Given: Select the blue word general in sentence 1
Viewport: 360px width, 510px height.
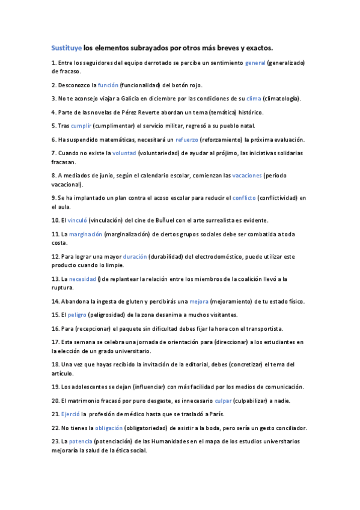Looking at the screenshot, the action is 255,63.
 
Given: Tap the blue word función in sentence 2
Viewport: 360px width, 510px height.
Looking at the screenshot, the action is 108,85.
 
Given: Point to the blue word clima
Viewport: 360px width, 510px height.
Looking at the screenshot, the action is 254,99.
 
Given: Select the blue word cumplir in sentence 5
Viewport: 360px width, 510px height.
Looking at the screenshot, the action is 81,126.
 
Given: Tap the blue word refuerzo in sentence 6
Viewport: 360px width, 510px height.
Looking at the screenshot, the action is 170,139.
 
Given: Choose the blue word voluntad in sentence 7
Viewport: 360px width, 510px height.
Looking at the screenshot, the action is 124,153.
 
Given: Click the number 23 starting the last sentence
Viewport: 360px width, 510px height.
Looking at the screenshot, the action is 55,441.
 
